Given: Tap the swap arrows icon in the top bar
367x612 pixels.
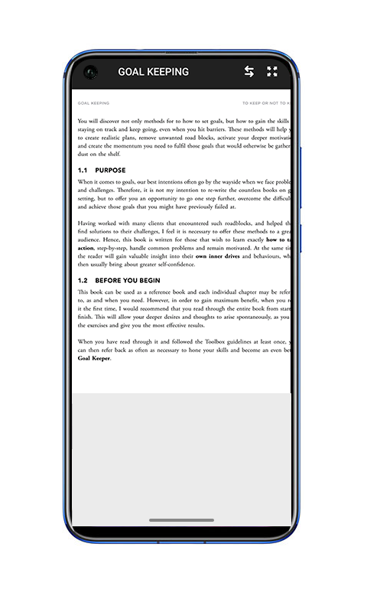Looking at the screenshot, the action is click(x=249, y=72).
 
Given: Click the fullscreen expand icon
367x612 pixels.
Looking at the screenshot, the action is click(x=272, y=72).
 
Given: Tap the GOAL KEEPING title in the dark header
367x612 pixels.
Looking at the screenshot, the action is click(x=153, y=72).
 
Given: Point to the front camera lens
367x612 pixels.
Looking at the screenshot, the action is click(x=91, y=73).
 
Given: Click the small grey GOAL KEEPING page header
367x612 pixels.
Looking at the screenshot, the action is click(x=93, y=103).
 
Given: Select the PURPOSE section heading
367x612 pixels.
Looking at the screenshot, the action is click(x=110, y=170).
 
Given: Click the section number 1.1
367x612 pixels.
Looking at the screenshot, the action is click(x=83, y=170).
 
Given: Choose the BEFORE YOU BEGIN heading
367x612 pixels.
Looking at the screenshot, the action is click(x=128, y=281).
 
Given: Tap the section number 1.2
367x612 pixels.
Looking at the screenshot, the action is click(x=83, y=281).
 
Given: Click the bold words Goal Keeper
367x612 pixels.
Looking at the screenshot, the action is click(x=94, y=357).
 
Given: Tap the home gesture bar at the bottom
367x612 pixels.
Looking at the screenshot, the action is click(x=181, y=520).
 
